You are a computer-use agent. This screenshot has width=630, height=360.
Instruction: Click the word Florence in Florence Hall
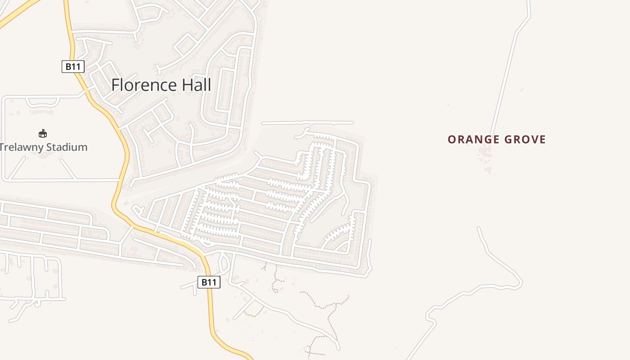(144, 85)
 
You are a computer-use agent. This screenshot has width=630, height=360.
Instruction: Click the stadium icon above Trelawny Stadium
(43, 133)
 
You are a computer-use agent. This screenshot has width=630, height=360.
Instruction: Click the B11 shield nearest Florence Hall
(73, 67)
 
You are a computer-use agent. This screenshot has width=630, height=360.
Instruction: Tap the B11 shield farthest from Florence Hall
(209, 283)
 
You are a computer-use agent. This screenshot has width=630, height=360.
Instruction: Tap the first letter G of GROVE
(509, 139)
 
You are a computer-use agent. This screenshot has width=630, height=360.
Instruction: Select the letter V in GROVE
(534, 139)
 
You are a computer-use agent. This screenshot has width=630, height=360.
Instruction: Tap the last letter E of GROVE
(543, 139)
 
